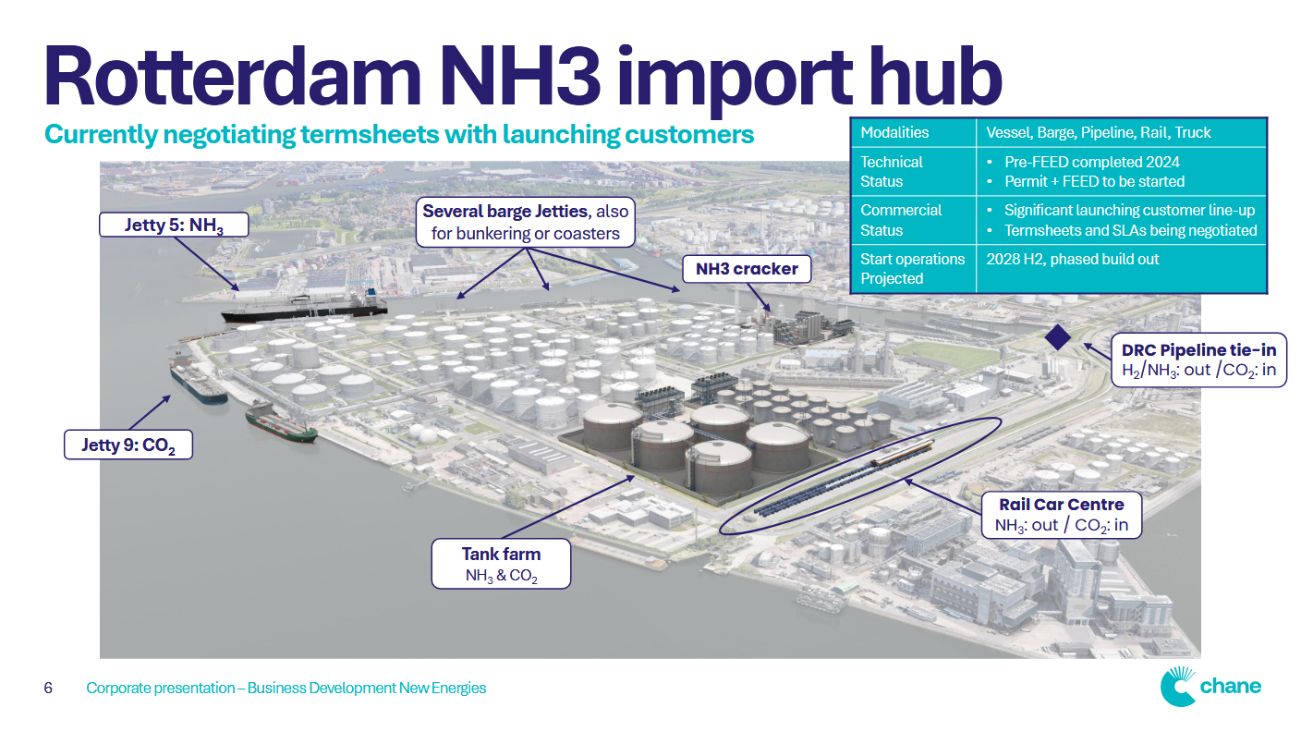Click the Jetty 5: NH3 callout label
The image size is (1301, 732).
point(174,225)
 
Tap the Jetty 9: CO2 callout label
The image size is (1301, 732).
point(128,445)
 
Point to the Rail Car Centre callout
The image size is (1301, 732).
point(1061,515)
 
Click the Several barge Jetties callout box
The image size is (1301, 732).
point(525,223)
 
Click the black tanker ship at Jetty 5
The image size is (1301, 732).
point(305,307)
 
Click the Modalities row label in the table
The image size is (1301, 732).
point(894,132)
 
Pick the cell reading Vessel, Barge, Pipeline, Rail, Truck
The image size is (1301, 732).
point(1097,132)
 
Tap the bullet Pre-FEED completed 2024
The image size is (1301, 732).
point(1091,162)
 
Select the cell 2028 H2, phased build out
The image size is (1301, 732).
point(1072,260)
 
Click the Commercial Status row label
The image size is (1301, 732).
point(900,220)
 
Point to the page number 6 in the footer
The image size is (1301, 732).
point(48,689)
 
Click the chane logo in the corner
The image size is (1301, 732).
point(1210,687)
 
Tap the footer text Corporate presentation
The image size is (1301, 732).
point(161,689)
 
